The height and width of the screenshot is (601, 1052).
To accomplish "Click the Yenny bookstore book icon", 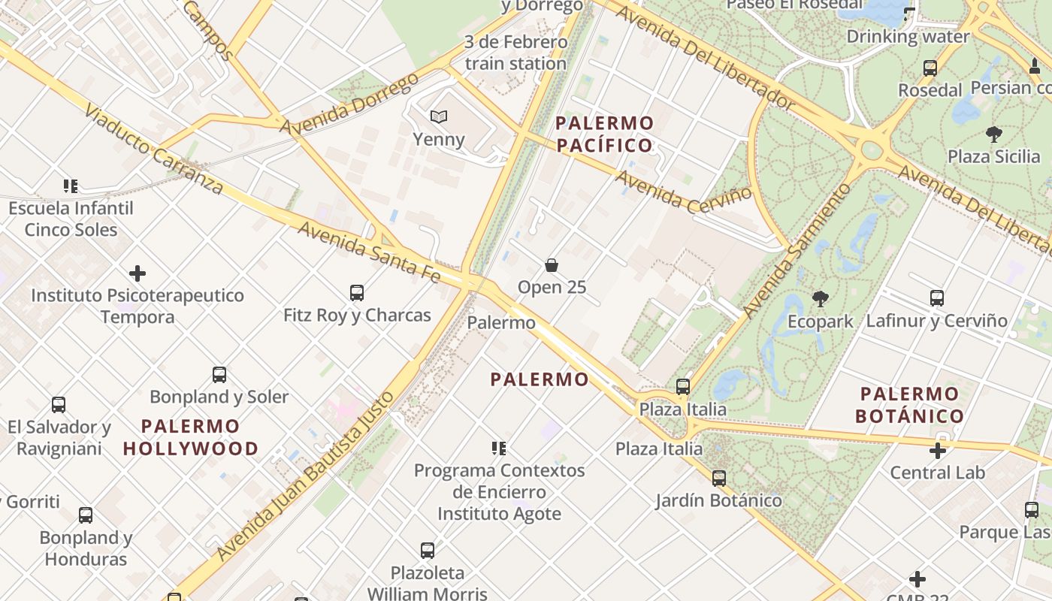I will point(439,116).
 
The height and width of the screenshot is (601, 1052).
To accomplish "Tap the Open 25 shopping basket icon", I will point(552,265).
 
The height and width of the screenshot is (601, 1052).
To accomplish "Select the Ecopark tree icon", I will point(821,299).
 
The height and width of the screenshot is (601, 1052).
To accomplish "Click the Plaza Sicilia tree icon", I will point(993,134).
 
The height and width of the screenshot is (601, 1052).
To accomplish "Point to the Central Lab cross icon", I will point(937,451).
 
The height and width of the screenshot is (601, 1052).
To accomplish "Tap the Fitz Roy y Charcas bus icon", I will point(357,292).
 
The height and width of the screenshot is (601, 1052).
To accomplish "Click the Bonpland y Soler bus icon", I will point(219,374).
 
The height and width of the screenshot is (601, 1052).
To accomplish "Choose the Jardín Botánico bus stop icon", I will point(719,478).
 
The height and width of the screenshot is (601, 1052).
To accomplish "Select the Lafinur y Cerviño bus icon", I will point(936,297).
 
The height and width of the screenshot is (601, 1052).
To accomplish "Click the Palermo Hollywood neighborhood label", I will point(191,437).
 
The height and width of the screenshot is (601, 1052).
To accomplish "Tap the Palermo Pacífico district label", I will point(605,134).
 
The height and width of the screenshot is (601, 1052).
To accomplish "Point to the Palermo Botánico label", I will point(909,404).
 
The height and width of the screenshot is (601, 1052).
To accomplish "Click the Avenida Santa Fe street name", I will point(369,252).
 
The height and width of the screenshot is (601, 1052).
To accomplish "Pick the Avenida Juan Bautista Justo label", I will point(305,476).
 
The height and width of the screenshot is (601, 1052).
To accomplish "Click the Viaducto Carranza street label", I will point(153,148).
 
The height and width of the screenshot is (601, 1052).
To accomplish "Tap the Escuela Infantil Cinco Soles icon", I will point(71,186).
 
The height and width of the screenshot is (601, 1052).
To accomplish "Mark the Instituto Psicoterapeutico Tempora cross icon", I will point(138,273).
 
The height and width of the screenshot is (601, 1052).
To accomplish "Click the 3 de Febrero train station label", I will point(515,53).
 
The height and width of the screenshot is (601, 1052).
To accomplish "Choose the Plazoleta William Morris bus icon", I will point(428,551).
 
